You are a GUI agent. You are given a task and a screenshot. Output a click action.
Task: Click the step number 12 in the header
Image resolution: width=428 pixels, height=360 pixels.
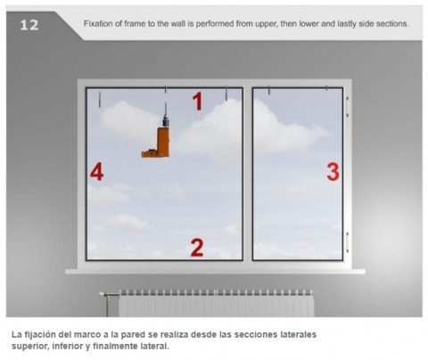point(29,25)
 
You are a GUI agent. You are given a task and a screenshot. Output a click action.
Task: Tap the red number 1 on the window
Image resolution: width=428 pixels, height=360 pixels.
point(197,102)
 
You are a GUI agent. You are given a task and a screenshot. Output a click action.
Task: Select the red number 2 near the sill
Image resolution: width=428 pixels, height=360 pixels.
point(197,248)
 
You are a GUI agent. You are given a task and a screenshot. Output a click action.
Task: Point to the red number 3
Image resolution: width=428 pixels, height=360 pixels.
point(333,172)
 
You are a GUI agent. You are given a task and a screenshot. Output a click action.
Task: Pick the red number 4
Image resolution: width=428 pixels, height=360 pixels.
point(96,172)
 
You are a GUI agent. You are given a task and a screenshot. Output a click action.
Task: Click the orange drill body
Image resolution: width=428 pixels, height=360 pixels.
point(157,143)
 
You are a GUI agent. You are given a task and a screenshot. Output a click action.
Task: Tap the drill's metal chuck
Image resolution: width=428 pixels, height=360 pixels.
point(166,120)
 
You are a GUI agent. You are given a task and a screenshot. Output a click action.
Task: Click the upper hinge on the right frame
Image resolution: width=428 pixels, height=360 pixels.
point(347,106)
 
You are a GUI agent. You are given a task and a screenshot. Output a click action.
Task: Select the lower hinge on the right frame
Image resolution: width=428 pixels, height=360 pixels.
point(347,242)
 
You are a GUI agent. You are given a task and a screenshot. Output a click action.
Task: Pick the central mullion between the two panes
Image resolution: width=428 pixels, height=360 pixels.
point(248,174)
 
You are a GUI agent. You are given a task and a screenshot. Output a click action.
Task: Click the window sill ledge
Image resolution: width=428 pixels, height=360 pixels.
point(215,272)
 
